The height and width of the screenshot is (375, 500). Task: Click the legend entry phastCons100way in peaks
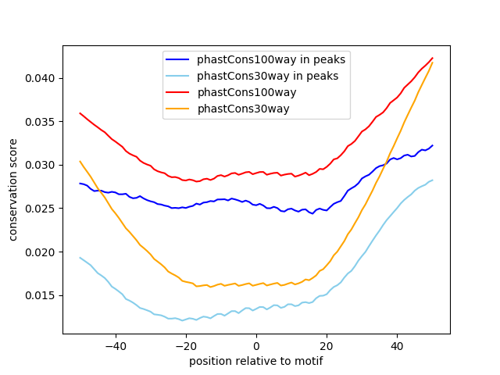(x=270, y=59)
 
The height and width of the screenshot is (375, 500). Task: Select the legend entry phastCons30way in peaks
(x=267, y=76)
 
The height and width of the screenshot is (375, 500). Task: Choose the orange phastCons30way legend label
(x=243, y=109)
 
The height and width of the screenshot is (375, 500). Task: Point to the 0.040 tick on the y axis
(x=41, y=78)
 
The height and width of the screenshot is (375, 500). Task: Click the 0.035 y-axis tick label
(x=41, y=122)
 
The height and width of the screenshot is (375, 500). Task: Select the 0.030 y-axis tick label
(x=41, y=165)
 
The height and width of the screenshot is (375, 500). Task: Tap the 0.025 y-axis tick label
(x=41, y=209)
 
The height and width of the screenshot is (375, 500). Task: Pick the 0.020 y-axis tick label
(x=41, y=252)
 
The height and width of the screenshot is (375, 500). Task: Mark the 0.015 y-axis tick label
(x=41, y=295)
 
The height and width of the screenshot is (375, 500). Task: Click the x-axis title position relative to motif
(x=255, y=361)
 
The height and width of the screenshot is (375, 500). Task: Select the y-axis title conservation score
(x=13, y=189)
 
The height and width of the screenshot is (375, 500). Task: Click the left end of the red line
(x=80, y=113)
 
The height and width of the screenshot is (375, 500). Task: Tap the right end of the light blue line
(x=432, y=180)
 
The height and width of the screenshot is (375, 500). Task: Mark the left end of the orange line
(x=80, y=162)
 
